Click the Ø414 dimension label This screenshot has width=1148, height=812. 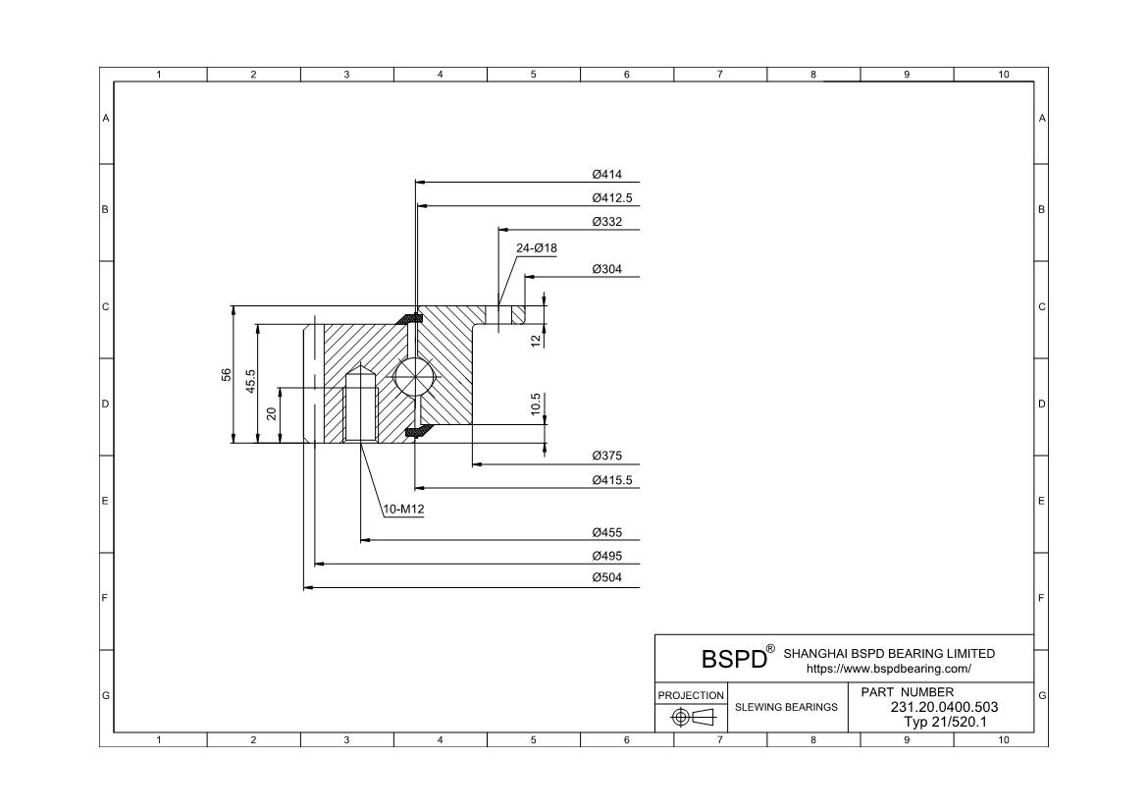pos(607,175)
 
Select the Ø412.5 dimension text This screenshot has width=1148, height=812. pos(612,198)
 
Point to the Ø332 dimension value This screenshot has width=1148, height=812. pos(607,222)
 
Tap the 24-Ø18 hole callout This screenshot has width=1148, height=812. pos(536,248)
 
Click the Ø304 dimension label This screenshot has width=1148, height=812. pos(607,269)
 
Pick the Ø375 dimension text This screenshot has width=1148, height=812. pos(607,457)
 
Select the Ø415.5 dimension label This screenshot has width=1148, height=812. pos(612,480)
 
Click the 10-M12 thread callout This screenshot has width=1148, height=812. pos(403,509)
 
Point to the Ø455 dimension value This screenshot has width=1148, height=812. pos(607,533)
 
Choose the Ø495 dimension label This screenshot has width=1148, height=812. pos(607,556)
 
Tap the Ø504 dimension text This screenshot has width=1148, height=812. pos(607,579)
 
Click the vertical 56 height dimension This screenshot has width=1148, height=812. pos(227,375)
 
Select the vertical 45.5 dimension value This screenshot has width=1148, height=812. pos(251,382)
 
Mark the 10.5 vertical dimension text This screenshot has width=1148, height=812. pos(536,405)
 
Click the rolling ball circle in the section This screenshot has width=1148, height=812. pos(412,376)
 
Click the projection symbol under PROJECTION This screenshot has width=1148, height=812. pos(691,717)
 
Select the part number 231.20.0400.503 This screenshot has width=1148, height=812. pos(944,707)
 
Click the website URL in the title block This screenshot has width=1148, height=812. pos(888,669)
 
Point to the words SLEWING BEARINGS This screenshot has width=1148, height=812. pos(786,707)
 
